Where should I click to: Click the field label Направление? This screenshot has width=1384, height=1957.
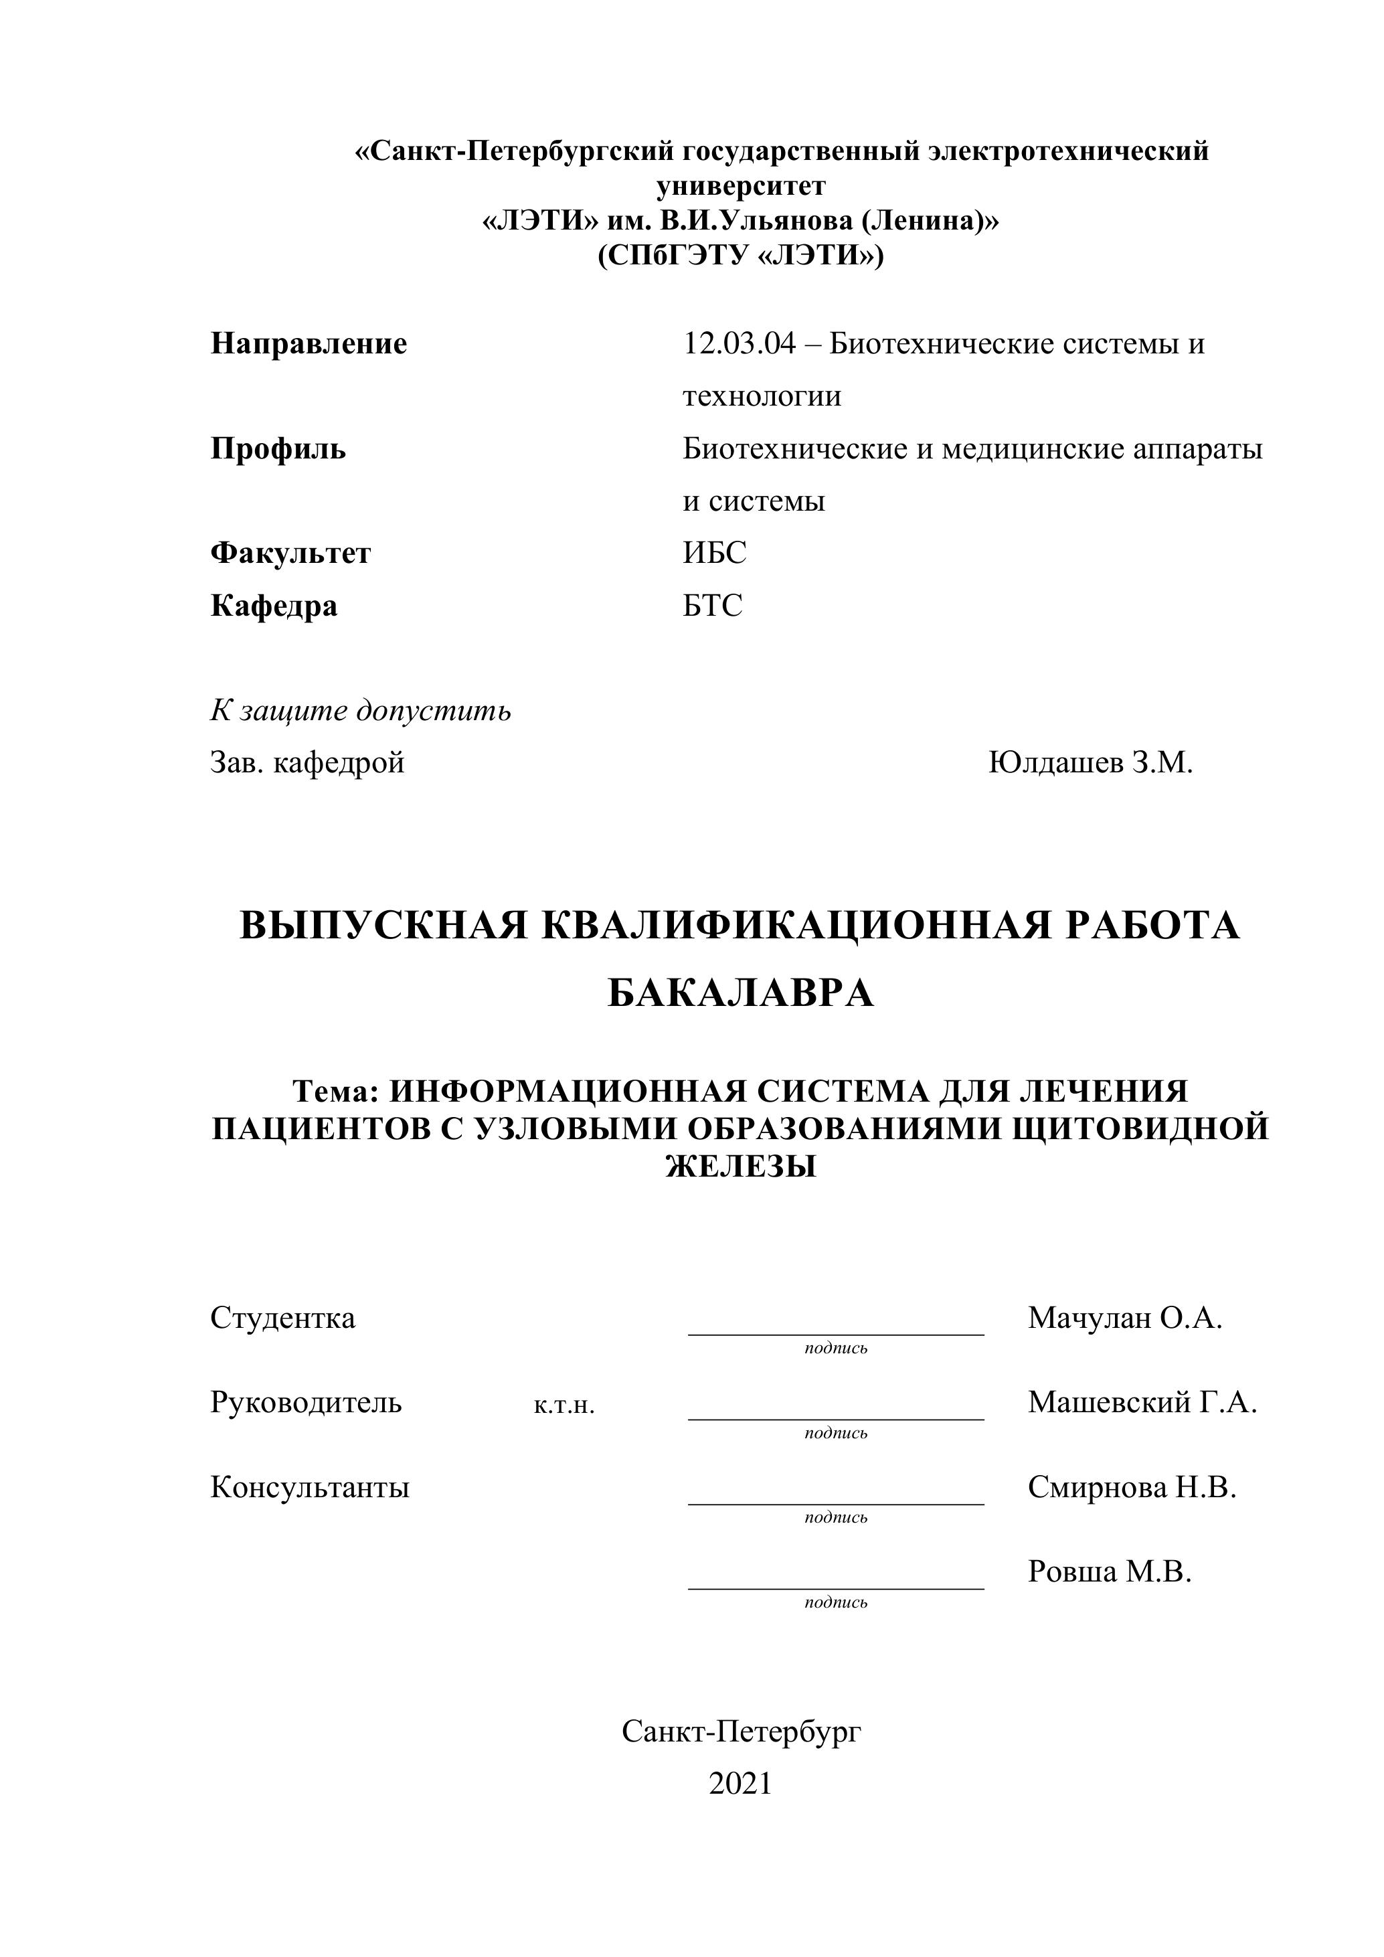click(x=309, y=345)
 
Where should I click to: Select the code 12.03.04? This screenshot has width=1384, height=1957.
click(x=739, y=345)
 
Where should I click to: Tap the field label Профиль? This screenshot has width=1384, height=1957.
click(x=278, y=449)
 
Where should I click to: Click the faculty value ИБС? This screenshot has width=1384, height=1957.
click(x=714, y=554)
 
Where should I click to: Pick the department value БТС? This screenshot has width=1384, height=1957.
click(x=713, y=606)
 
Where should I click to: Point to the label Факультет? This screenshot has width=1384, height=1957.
click(x=290, y=554)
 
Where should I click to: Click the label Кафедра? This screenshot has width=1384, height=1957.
click(x=274, y=606)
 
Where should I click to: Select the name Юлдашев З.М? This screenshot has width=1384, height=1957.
click(x=1090, y=763)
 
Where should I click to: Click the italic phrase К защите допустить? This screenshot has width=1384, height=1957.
click(x=361, y=711)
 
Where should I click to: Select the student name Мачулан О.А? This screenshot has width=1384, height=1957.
click(x=1125, y=1318)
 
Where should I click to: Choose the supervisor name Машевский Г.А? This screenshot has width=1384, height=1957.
click(x=1142, y=1402)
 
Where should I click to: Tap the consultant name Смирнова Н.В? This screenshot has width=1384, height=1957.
click(x=1132, y=1487)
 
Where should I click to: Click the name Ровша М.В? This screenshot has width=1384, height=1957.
click(x=1110, y=1571)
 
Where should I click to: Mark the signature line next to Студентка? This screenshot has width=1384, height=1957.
click(x=836, y=1333)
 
